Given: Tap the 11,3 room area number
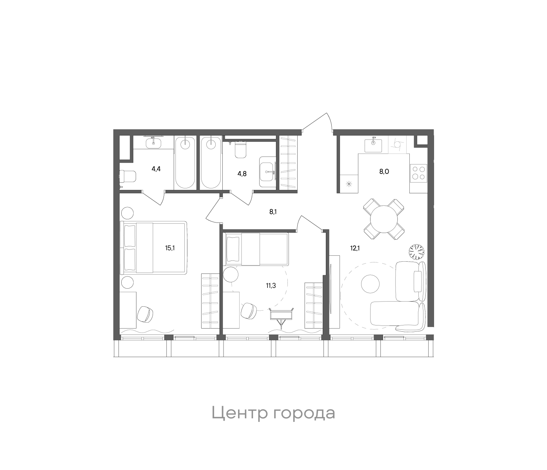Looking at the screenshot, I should pos(271,286).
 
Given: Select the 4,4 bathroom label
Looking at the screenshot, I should pos(156,169).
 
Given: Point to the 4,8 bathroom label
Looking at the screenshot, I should pos(242,173).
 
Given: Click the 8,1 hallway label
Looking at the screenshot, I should pos(273,212).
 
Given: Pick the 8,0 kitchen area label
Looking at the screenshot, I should pos(383,172).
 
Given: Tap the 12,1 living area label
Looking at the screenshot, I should pos(356,248).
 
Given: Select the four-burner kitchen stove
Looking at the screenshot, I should pos(418,173).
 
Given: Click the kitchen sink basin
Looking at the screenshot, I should pos(373,145).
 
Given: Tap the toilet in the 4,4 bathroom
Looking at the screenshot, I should pos(127,176).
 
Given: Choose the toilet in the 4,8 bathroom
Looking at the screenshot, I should pos(240,150).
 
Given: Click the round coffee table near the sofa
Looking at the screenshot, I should pos(370,284).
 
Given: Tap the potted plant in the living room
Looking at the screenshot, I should pos(416,251).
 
